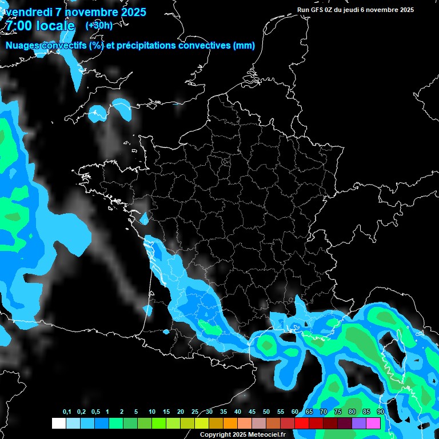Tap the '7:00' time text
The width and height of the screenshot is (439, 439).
[18, 26]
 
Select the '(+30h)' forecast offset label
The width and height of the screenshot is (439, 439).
[99, 25]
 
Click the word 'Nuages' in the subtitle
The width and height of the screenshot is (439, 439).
[22, 46]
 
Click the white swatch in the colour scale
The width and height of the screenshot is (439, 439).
[58, 423]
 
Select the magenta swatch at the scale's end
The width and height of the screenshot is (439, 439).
[373, 423]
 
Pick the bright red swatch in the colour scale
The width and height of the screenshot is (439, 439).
[302, 423]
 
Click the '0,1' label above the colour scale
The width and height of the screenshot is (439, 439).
[67, 412]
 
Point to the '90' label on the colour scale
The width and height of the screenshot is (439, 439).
[380, 412]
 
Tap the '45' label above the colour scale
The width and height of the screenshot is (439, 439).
[252, 412]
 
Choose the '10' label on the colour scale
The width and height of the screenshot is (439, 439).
[152, 412]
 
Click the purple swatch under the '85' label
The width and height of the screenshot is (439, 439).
[359, 423]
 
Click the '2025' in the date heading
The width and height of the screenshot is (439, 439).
[130, 13]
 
